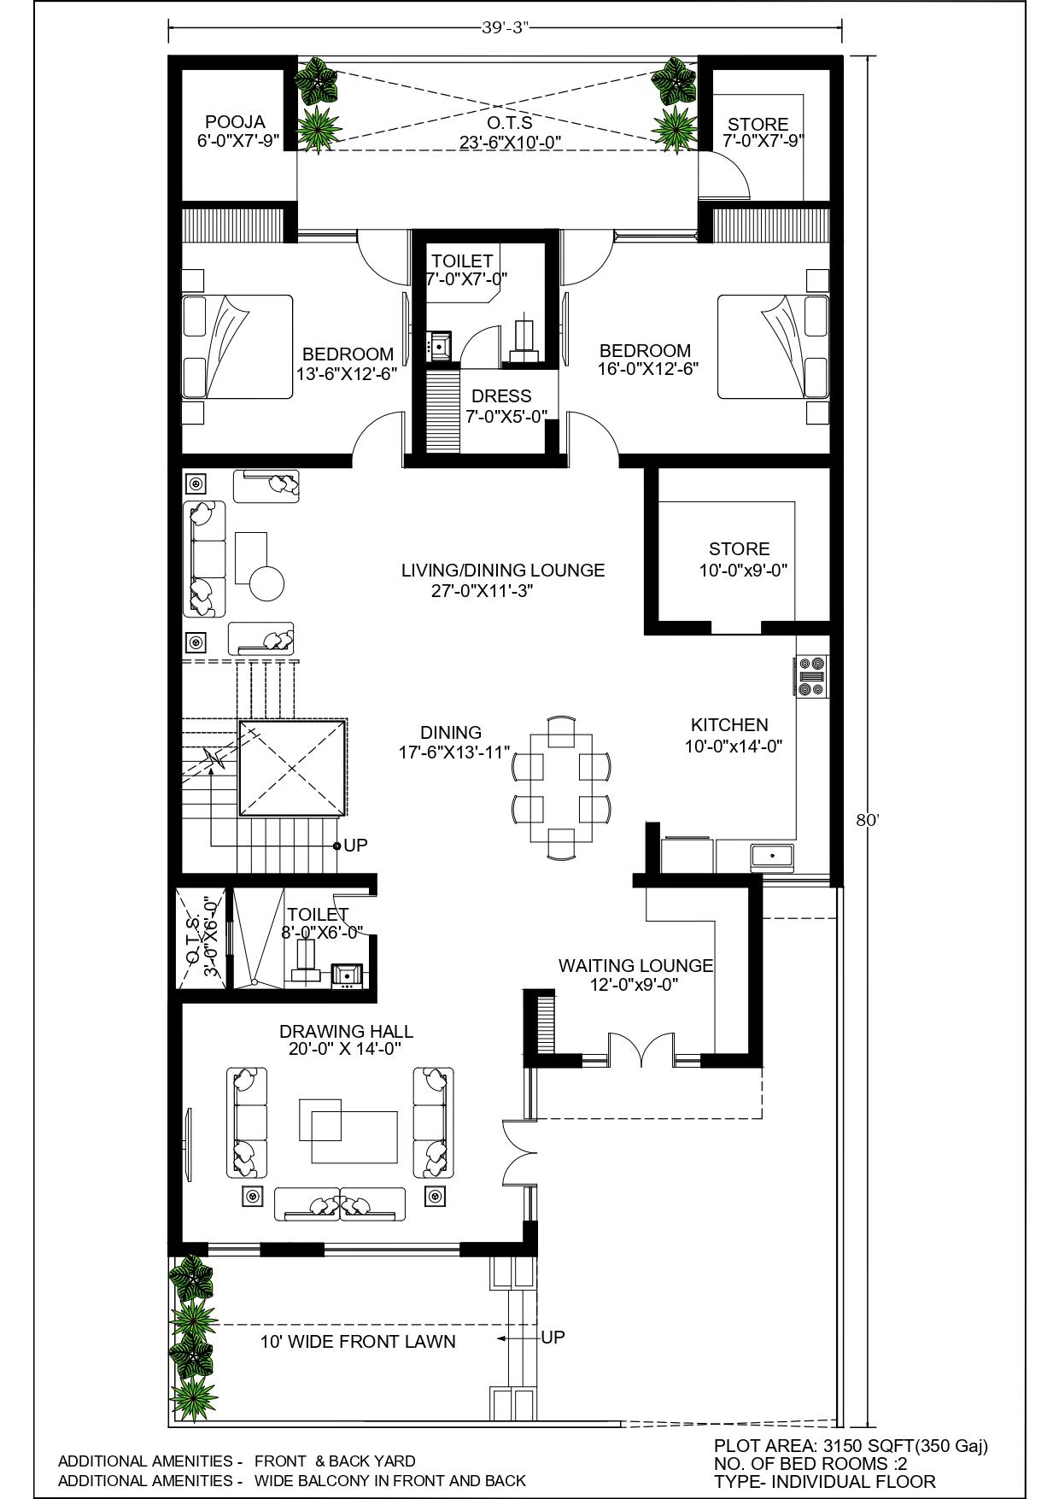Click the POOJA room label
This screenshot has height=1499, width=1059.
(235, 122)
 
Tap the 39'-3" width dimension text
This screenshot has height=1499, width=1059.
(506, 26)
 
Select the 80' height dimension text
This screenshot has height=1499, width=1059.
(868, 820)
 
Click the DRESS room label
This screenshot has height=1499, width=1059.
(501, 395)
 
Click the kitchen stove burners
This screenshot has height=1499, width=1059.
(811, 676)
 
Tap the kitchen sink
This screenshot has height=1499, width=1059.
(772, 855)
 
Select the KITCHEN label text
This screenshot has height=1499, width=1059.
(729, 724)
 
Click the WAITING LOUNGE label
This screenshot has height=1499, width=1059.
(635, 965)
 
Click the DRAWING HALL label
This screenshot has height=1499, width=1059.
(346, 1031)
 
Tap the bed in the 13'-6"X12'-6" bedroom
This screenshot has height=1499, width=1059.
(237, 346)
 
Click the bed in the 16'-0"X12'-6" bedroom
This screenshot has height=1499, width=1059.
(773, 346)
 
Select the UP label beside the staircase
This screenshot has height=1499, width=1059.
(355, 845)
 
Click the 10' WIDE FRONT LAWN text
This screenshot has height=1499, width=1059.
(358, 1341)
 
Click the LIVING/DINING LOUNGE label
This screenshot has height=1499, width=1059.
(503, 570)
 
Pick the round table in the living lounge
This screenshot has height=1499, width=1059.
(266, 583)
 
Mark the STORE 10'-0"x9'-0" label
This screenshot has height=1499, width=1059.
(740, 559)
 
